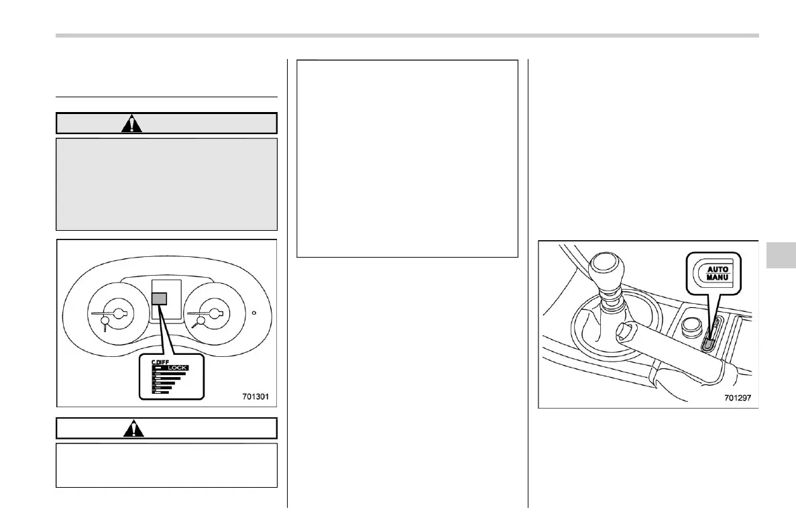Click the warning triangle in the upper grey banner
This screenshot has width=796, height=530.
point(132,124)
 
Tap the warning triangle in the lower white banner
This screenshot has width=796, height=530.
point(134,428)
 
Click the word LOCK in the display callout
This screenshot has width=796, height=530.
point(177,368)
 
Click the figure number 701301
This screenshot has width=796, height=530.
point(255,396)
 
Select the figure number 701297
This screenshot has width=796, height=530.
point(737,396)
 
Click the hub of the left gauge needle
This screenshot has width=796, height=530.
point(119,313)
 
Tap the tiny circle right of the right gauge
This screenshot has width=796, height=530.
point(253,313)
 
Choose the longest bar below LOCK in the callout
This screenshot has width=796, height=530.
point(171,373)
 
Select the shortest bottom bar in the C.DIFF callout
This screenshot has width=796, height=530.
point(161,392)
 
